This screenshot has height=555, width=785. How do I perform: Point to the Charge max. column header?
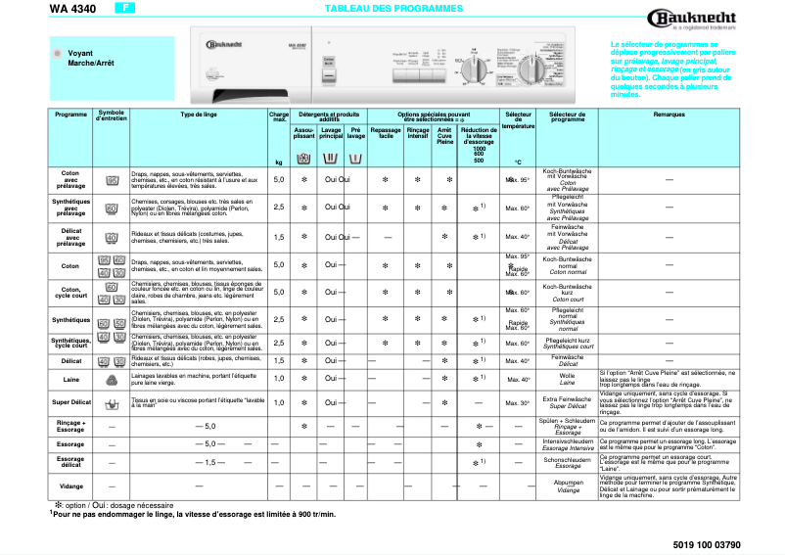pyautogui.click(x=279, y=117)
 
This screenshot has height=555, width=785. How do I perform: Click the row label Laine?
pyautogui.click(x=70, y=378)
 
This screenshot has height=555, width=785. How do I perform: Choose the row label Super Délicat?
pyautogui.click(x=70, y=402)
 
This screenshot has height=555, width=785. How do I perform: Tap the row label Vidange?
pyautogui.click(x=70, y=486)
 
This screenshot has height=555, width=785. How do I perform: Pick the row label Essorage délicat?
pyautogui.click(x=70, y=461)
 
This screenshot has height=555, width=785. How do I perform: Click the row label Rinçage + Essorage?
pyautogui.click(x=70, y=426)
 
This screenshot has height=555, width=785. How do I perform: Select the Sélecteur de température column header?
pyautogui.click(x=517, y=120)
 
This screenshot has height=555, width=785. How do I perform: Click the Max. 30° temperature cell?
pyautogui.click(x=517, y=402)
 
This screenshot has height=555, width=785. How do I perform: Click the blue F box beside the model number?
pyautogui.click(x=124, y=8)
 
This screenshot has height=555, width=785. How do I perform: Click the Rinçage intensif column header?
pyautogui.click(x=418, y=133)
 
